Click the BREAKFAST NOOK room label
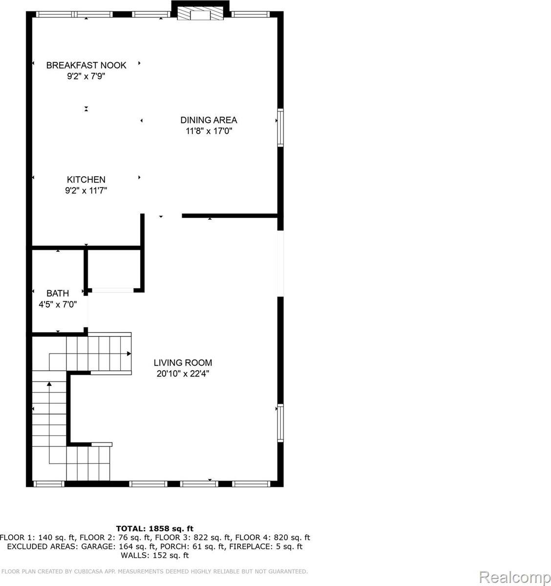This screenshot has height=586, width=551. pos(86,65)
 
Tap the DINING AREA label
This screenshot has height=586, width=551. pos(209,120)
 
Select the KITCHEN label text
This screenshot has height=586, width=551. pos(86,180)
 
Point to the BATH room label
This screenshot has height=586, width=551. pos(58,293)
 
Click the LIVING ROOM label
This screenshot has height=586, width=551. pos(183,363)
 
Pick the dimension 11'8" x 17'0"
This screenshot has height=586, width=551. pos(209,131)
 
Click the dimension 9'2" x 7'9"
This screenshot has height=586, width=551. pos(86,76)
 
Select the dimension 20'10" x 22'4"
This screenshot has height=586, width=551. pos(183,374)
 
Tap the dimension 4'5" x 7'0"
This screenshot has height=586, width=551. pos(58,304)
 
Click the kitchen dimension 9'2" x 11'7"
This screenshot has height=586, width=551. pos(86,191)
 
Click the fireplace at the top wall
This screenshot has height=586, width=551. pos(200,13)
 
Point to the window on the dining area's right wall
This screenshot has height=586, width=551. pos(280,127)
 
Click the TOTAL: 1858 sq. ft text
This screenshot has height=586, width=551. pos(154,528)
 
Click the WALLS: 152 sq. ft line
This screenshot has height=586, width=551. pos(154,555)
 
